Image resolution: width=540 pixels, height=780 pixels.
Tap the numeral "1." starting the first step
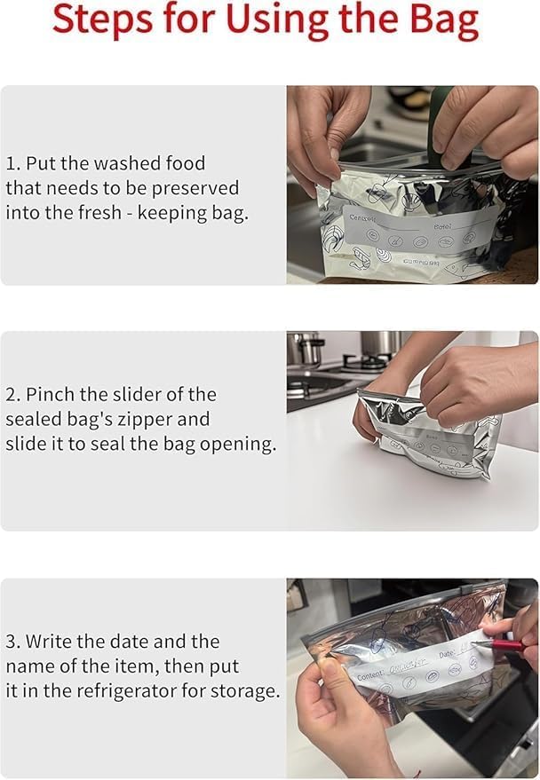13,163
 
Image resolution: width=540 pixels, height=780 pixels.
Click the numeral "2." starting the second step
13,394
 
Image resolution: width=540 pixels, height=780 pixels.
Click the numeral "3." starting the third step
13,642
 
